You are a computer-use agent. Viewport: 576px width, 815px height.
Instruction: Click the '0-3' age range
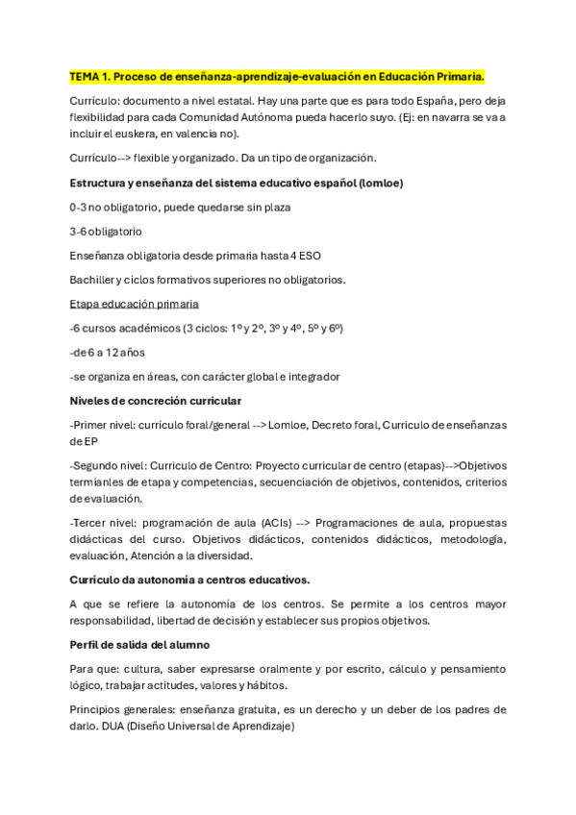coord(79,207)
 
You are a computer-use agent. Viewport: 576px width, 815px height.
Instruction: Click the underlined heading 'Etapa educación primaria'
coord(131,304)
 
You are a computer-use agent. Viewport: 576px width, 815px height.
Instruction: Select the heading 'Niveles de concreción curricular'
coord(155,400)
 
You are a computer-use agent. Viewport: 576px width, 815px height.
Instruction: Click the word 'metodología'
coord(470,539)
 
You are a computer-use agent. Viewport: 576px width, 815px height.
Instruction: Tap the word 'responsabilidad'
coord(113,620)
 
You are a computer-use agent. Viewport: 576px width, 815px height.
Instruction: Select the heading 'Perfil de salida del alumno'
coord(139,644)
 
